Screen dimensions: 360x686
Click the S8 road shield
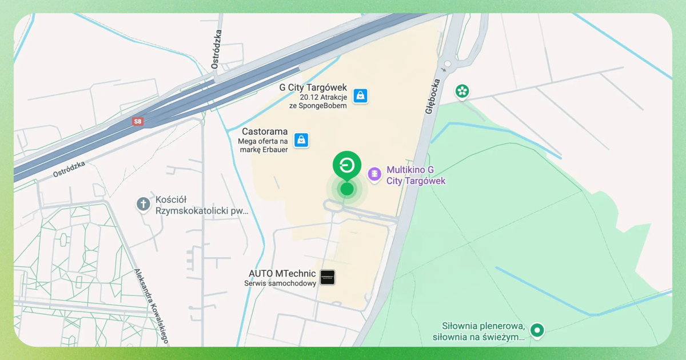coord(137,122)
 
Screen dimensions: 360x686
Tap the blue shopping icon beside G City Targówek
coord(360,95)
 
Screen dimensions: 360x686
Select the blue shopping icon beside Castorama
coord(301,140)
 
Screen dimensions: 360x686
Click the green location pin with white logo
coord(347,165)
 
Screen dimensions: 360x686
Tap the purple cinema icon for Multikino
coord(374,174)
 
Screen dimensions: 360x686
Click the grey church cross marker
coord(143,204)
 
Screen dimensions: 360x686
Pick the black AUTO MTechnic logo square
coord(328,278)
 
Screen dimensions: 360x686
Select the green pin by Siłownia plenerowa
coord(536,330)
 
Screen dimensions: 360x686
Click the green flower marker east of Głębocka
coord(462,91)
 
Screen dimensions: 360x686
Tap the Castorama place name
coord(265,132)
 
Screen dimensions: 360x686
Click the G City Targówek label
coord(313,87)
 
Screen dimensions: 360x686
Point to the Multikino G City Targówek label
coord(416,175)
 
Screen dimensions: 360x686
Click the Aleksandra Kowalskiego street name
coord(151,306)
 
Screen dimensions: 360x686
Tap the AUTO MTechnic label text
coord(282,274)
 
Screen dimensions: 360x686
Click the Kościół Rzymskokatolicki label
coord(202,206)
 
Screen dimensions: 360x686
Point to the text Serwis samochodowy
coord(280,283)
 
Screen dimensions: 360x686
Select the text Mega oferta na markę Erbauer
coord(263,145)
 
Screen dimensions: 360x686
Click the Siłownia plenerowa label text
coord(483,331)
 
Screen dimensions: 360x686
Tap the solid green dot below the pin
coord(347,189)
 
